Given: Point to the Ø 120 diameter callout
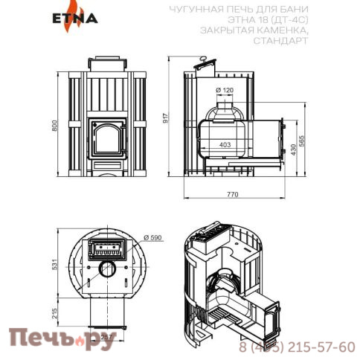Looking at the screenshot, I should pos(225,89).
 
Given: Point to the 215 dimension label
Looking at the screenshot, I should pos(54,311).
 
